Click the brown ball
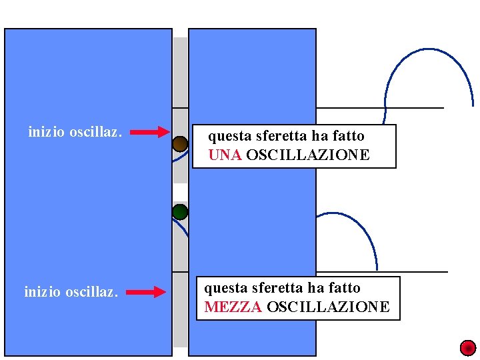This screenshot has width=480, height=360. pos(180,144)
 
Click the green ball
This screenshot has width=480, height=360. pos(180,213)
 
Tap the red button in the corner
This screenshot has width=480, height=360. pos(468,347)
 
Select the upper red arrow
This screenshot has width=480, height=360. pos(149,132)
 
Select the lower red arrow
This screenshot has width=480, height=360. pos(146,291)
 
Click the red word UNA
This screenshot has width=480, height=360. pos(225,155)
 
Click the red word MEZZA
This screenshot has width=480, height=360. pos(233,307)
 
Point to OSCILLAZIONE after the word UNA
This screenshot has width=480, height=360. pos(307,155)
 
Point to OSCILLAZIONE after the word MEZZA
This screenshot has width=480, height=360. pos(328,307)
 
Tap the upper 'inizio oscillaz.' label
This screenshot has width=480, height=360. pos(75,132)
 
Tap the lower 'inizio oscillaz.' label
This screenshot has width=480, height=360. pos(71,291)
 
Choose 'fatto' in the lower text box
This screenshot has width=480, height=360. pos(344,288)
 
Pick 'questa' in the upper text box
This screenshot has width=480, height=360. pos(227,136)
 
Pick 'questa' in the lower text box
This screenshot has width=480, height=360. pos(223,288)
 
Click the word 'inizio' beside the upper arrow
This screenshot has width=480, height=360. pos(46,132)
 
